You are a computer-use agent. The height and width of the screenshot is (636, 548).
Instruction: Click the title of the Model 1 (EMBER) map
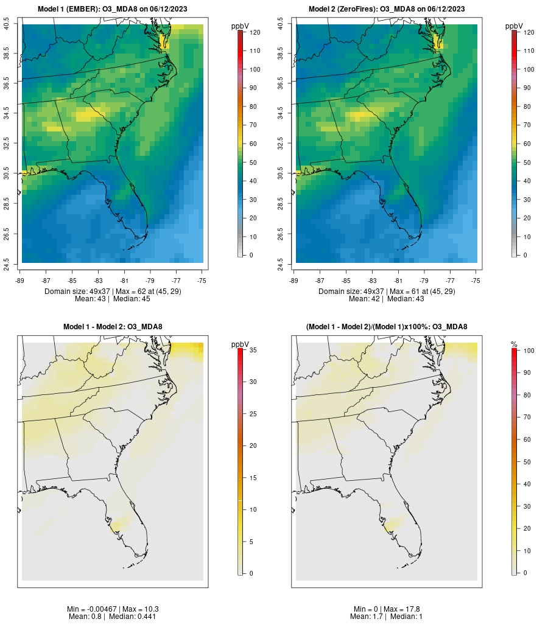[113, 9]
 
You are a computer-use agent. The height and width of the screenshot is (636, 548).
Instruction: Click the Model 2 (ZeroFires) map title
[387, 9]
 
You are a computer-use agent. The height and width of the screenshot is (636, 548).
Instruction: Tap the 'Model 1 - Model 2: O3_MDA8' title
[113, 327]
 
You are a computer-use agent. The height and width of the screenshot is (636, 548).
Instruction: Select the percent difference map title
[387, 327]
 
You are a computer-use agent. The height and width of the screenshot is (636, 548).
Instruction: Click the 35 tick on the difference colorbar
[253, 350]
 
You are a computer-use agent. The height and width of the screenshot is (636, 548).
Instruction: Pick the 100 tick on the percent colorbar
[529, 351]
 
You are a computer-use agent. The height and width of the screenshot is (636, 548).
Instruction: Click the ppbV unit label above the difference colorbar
[241, 344]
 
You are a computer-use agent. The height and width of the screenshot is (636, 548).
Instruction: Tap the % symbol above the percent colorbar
[515, 344]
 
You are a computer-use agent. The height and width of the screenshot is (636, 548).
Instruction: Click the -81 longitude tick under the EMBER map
[125, 280]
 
